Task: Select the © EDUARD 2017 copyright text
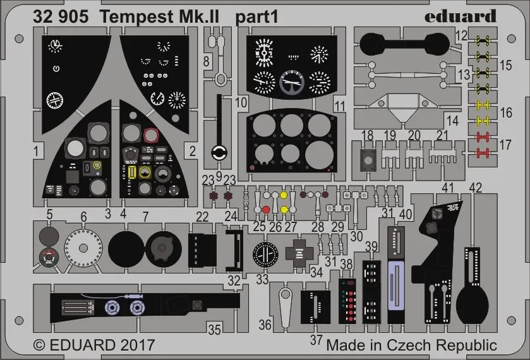pyautogui.click(x=93, y=345)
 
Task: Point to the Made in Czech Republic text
pyautogui.click(x=412, y=345)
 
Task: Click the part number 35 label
pyautogui.click(x=215, y=328)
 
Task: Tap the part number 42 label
pyautogui.click(x=476, y=188)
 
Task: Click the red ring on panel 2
pyautogui.click(x=151, y=135)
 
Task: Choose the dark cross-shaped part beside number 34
pyautogui.click(x=299, y=251)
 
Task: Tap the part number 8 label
pyautogui.click(x=207, y=61)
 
